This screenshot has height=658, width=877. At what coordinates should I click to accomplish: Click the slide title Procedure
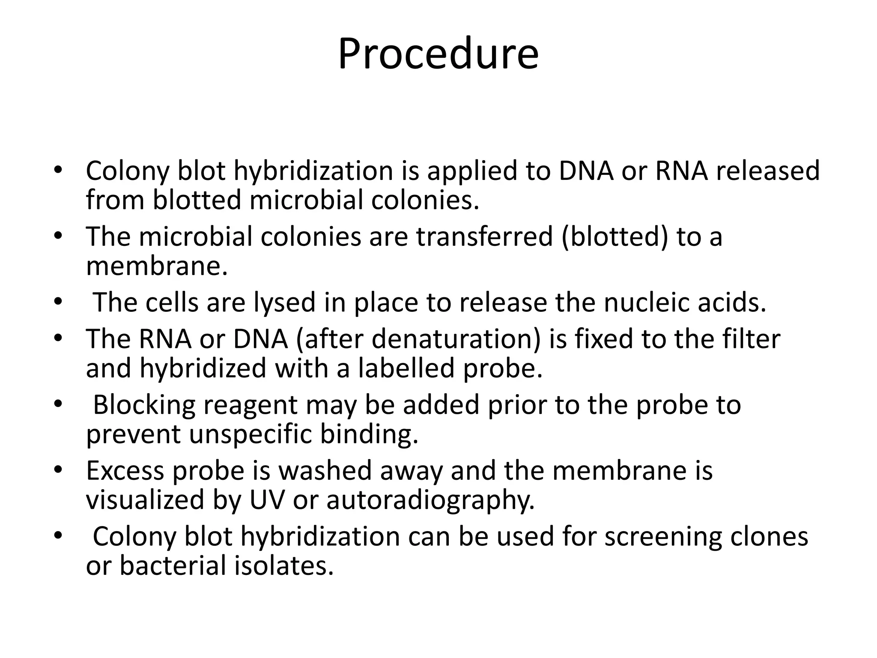[x=438, y=54]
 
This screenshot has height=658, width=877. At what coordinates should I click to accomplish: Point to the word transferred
[x=484, y=236]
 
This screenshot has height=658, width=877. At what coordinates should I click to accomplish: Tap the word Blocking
[x=144, y=405]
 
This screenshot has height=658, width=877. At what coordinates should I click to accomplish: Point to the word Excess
[x=125, y=470]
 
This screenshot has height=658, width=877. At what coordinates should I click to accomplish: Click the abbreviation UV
[x=267, y=500]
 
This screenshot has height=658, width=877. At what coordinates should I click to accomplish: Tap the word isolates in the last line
[x=284, y=565]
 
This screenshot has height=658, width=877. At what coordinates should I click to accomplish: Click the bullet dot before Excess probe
[x=58, y=470]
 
